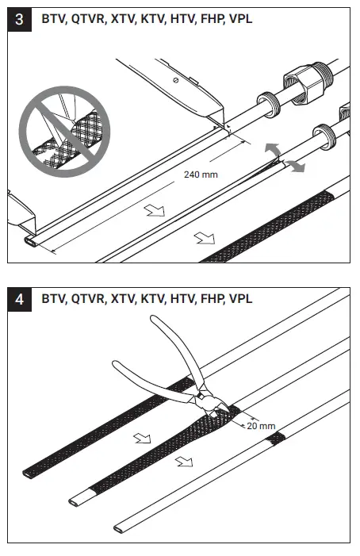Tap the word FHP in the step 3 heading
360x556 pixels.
(x=209, y=19)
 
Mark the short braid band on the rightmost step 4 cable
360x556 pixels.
(x=277, y=439)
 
